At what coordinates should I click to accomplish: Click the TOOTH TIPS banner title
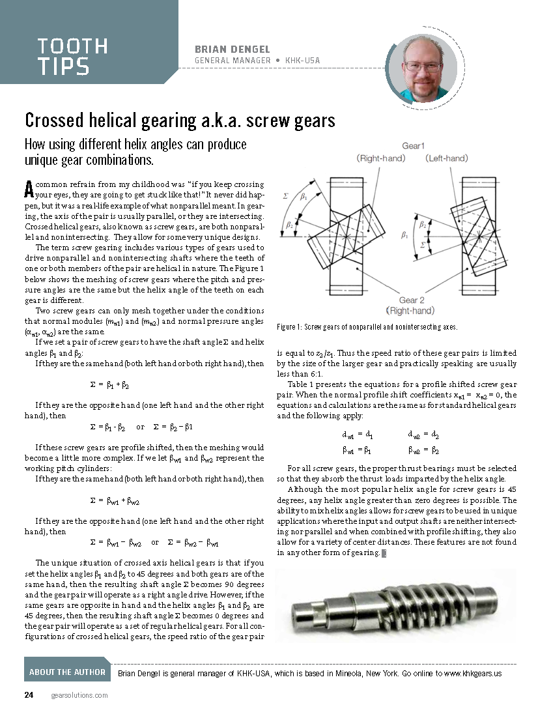(x=72, y=56)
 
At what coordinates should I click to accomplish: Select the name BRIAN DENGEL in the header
(x=233, y=50)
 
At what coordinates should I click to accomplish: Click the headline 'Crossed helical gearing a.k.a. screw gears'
(x=180, y=121)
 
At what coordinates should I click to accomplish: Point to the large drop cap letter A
(x=29, y=189)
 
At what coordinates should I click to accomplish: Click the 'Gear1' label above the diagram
(x=413, y=146)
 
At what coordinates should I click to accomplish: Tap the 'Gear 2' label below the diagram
(x=412, y=300)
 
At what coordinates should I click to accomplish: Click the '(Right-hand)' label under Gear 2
(x=413, y=311)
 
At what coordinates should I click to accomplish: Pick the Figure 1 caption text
(x=367, y=327)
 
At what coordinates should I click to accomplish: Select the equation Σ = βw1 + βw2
(x=114, y=502)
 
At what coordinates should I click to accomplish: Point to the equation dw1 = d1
(x=357, y=435)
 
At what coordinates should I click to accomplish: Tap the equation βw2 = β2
(x=423, y=450)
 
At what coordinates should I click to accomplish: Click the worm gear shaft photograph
(x=395, y=605)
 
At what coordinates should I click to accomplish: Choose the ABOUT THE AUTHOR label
(x=67, y=672)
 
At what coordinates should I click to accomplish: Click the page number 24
(x=29, y=695)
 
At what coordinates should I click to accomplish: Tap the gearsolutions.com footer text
(x=79, y=696)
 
